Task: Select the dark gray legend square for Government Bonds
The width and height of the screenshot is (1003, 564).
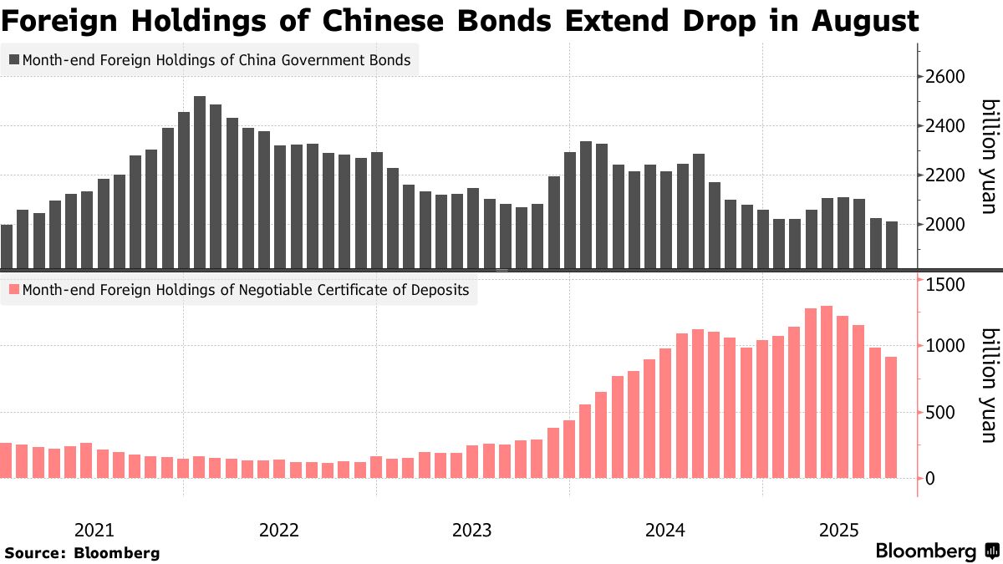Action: tap(14, 60)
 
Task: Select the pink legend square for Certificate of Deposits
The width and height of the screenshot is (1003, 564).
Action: tap(14, 290)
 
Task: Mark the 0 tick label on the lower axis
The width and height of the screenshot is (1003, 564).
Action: tap(929, 479)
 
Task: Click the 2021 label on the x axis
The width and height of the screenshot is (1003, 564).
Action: tap(94, 530)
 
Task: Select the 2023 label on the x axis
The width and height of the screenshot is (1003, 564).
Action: tap(472, 530)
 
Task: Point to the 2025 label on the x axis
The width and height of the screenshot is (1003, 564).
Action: tap(839, 530)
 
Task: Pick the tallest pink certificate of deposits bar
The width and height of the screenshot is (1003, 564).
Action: tap(827, 392)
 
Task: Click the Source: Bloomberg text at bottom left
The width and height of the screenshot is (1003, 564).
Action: tap(82, 552)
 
